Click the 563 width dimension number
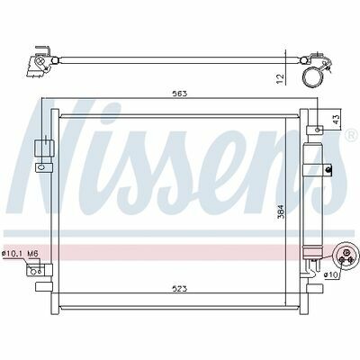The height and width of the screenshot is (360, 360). tap(180, 94)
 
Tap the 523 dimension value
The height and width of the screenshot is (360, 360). tap(180, 289)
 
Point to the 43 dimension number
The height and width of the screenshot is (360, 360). tap(337, 119)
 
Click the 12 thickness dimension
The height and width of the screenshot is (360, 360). tap(280, 78)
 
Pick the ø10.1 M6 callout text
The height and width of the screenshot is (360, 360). tap(21, 254)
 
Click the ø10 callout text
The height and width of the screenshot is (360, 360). tap(330, 274)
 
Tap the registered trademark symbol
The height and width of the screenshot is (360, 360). tap(352, 136)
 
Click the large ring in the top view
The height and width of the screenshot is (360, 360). tap(312, 76)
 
